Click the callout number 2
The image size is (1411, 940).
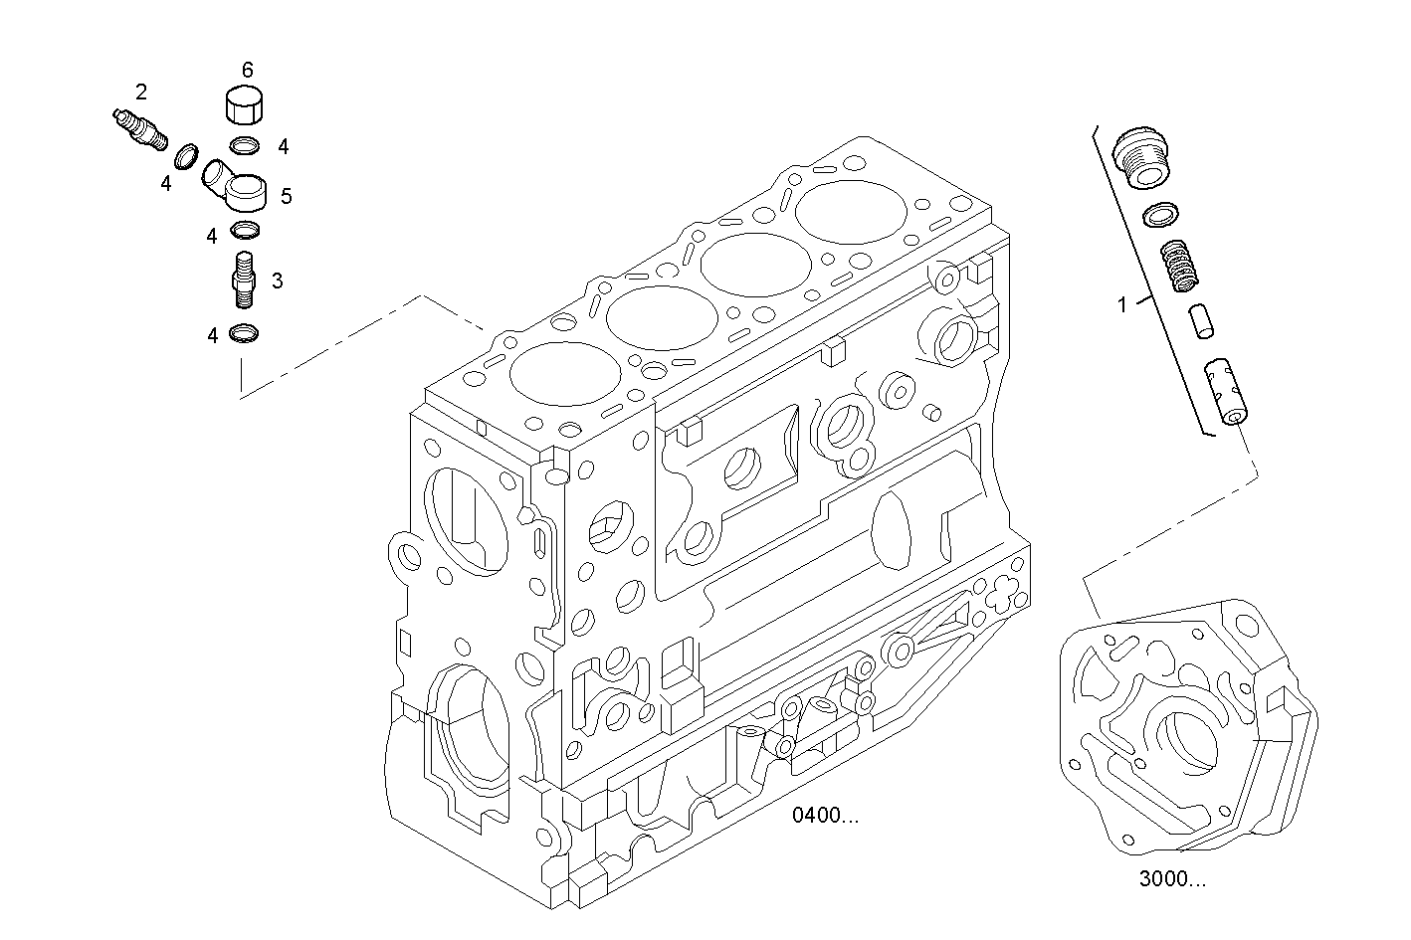[141, 93]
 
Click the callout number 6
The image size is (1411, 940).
[247, 70]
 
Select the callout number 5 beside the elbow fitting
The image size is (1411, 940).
[287, 196]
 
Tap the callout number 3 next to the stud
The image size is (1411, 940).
[277, 281]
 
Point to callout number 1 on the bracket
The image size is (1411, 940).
[1122, 305]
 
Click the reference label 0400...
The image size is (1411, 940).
[825, 817]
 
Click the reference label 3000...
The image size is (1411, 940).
[1172, 879]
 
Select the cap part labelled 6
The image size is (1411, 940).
[247, 107]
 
